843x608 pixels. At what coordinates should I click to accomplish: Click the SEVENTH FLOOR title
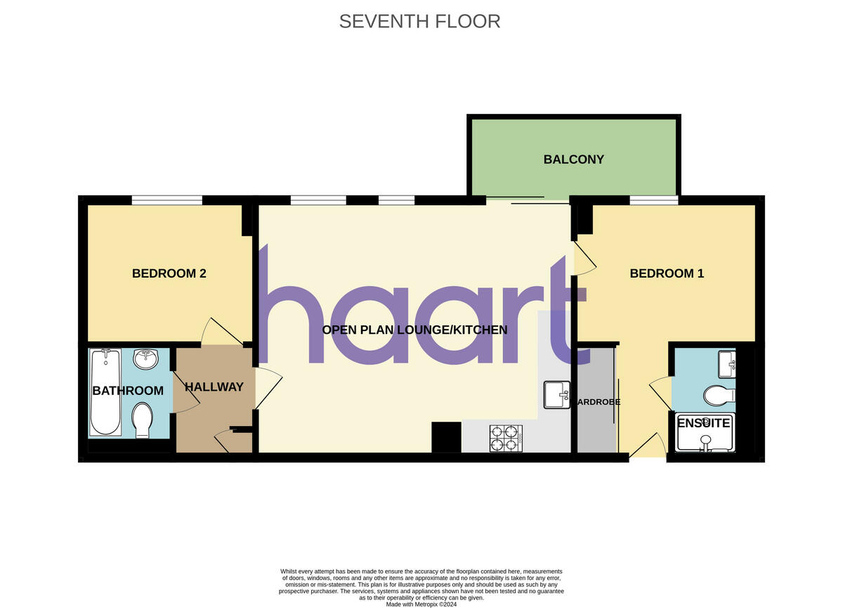[419, 21]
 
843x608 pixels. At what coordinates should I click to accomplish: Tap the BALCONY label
[573, 160]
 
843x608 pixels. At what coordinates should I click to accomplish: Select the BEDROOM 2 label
[169, 273]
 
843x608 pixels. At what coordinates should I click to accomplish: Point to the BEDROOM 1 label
[667, 273]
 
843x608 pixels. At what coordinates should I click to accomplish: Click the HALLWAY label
[214, 387]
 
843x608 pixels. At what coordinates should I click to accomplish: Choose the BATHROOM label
[128, 391]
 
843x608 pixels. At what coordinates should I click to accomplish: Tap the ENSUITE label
[703, 423]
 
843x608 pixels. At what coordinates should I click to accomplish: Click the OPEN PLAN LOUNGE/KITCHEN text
[414, 330]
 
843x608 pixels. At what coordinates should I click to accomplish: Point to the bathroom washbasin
[146, 359]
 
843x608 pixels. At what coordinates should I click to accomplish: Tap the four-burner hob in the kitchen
[506, 437]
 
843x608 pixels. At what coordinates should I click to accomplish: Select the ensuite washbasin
[726, 364]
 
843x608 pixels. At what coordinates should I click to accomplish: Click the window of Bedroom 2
[167, 201]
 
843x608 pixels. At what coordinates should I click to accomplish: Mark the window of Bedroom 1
[653, 201]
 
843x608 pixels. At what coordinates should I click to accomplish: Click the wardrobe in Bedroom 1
[596, 401]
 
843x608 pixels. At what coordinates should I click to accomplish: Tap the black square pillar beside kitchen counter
[446, 436]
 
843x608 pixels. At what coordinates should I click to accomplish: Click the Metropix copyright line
[421, 603]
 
